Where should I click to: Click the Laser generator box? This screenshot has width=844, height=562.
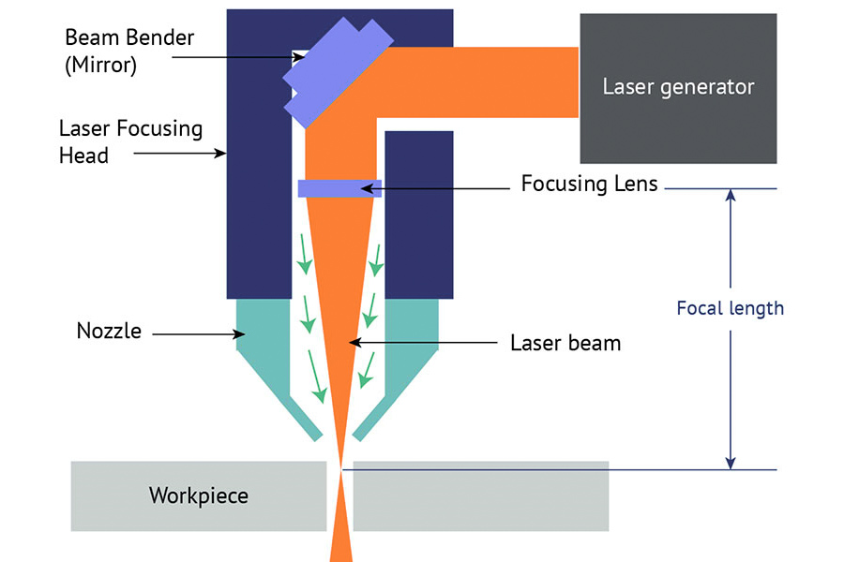tap(678, 88)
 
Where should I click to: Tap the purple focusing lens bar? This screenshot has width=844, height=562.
tap(339, 188)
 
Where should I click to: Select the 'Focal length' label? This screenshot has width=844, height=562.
tap(730, 307)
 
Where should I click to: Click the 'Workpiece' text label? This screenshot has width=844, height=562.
tap(199, 495)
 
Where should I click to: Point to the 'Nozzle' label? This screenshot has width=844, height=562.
tap(109, 331)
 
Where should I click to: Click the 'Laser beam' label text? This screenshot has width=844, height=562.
tap(565, 343)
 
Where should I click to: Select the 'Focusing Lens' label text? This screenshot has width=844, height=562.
tap(590, 184)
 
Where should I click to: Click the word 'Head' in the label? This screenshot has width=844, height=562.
tap(83, 155)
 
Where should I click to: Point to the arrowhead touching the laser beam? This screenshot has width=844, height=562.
tap(354, 343)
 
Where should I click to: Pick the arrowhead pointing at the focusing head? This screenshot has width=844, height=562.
tap(222, 154)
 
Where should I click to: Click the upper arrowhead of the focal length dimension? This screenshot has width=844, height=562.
tap(731, 196)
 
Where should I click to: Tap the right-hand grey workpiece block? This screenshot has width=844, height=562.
tap(480, 495)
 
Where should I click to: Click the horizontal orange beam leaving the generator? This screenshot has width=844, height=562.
tap(488, 82)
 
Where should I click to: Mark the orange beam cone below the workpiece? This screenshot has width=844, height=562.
tap(341, 539)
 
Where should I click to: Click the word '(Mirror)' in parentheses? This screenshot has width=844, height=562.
tap(101, 67)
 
